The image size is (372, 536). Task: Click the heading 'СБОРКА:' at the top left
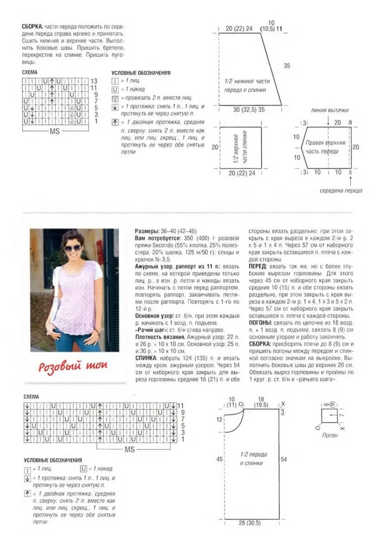click(x=33, y=26)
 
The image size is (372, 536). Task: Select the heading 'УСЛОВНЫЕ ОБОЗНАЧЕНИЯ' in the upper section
click(x=140, y=73)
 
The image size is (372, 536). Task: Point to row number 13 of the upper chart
click(x=94, y=81)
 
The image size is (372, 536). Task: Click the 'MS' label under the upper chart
click(x=54, y=131)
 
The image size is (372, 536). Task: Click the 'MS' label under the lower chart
click(x=130, y=450)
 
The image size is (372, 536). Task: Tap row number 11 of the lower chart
click(x=181, y=406)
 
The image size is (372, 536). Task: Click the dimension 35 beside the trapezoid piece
click(x=287, y=65)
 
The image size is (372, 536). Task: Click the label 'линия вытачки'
click(x=330, y=111)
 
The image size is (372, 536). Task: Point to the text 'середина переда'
click(x=340, y=191)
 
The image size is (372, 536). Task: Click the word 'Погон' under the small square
click(x=330, y=436)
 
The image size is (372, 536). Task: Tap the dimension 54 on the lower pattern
click(x=284, y=459)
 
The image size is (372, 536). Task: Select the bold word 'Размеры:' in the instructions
click(x=147, y=231)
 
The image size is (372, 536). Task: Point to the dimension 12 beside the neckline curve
click(x=219, y=419)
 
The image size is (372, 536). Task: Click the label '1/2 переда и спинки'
click(x=253, y=459)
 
